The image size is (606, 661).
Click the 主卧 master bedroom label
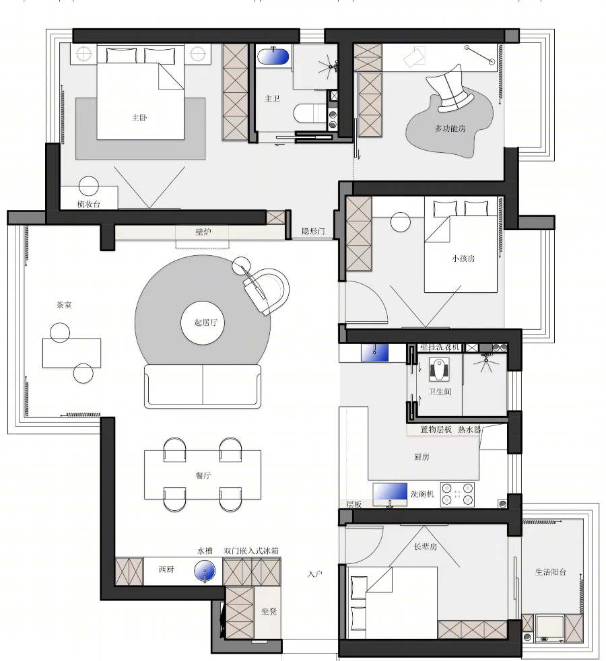(x=139, y=118)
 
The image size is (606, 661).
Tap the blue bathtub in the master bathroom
(x=273, y=57)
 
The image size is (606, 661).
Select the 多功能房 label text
(x=450, y=129)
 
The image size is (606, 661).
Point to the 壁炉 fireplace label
(x=203, y=232)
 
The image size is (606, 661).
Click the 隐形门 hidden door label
(x=313, y=231)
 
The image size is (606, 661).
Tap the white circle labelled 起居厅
(x=203, y=322)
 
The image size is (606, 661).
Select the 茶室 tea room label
(x=64, y=305)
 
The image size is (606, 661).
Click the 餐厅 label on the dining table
(x=203, y=475)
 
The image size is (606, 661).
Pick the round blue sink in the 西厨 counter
(x=205, y=571)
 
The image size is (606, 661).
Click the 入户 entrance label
(x=315, y=573)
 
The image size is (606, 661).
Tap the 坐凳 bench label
(x=269, y=611)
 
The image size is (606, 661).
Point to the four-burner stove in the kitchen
(x=457, y=495)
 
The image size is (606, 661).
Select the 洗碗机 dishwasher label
(x=422, y=493)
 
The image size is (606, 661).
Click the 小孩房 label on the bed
(x=463, y=258)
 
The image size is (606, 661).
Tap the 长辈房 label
(x=425, y=547)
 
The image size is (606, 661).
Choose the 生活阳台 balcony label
(x=550, y=572)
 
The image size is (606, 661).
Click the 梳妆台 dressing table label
(x=89, y=205)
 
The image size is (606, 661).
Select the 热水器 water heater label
(x=469, y=429)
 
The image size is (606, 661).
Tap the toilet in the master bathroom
(x=310, y=113)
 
